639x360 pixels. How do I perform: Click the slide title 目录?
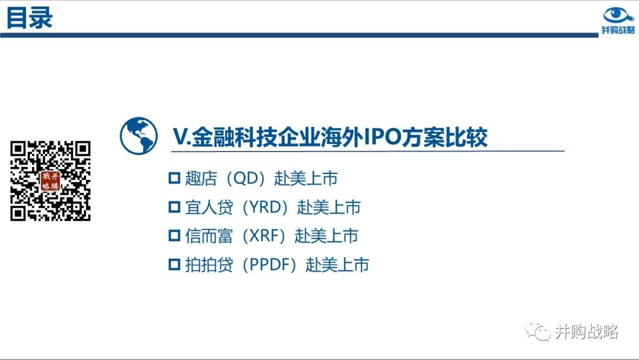[30, 18]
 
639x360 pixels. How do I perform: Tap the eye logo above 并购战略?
[618, 15]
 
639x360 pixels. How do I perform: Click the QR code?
[50, 181]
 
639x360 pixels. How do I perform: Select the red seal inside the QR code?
[50, 181]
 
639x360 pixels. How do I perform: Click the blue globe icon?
[138, 136]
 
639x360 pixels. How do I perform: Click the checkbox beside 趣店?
[175, 178]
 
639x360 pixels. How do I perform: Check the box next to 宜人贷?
[175, 207]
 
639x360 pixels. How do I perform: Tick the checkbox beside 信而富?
[175, 236]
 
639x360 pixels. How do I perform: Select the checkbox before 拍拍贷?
[175, 265]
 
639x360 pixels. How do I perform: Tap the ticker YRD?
[265, 207]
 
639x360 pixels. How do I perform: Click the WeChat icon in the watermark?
[537, 330]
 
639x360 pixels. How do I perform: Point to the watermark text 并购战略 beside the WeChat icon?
[586, 332]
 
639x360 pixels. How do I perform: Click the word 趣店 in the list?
[201, 178]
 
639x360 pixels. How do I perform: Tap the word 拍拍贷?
[209, 265]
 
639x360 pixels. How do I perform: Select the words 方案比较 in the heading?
[444, 137]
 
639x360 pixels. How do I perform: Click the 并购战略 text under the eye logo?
[618, 30]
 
